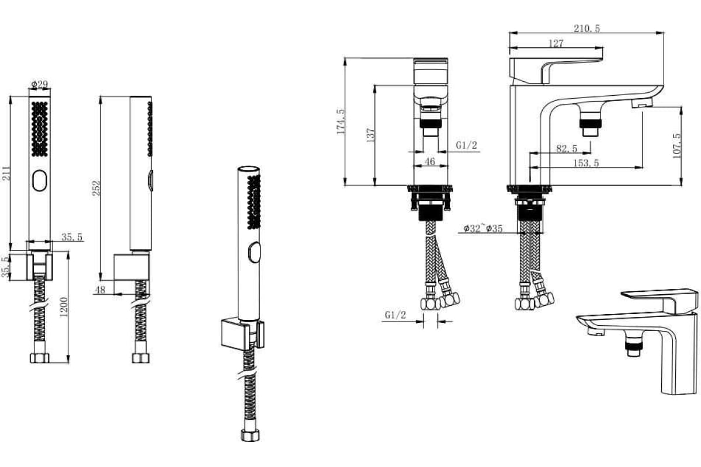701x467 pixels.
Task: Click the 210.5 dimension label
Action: tap(587, 29)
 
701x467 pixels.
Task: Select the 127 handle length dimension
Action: tap(556, 43)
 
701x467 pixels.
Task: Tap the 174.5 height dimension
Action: tap(341, 121)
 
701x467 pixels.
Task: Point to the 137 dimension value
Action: tap(370, 135)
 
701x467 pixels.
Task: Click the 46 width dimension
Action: tap(430, 161)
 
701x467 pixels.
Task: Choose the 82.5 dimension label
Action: tap(567, 148)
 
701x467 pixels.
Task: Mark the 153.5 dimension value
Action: tap(586, 163)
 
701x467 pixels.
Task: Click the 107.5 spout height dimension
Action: tap(677, 145)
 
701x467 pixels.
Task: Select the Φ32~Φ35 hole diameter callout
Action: tap(483, 228)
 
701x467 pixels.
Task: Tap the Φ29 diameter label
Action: tap(40, 84)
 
